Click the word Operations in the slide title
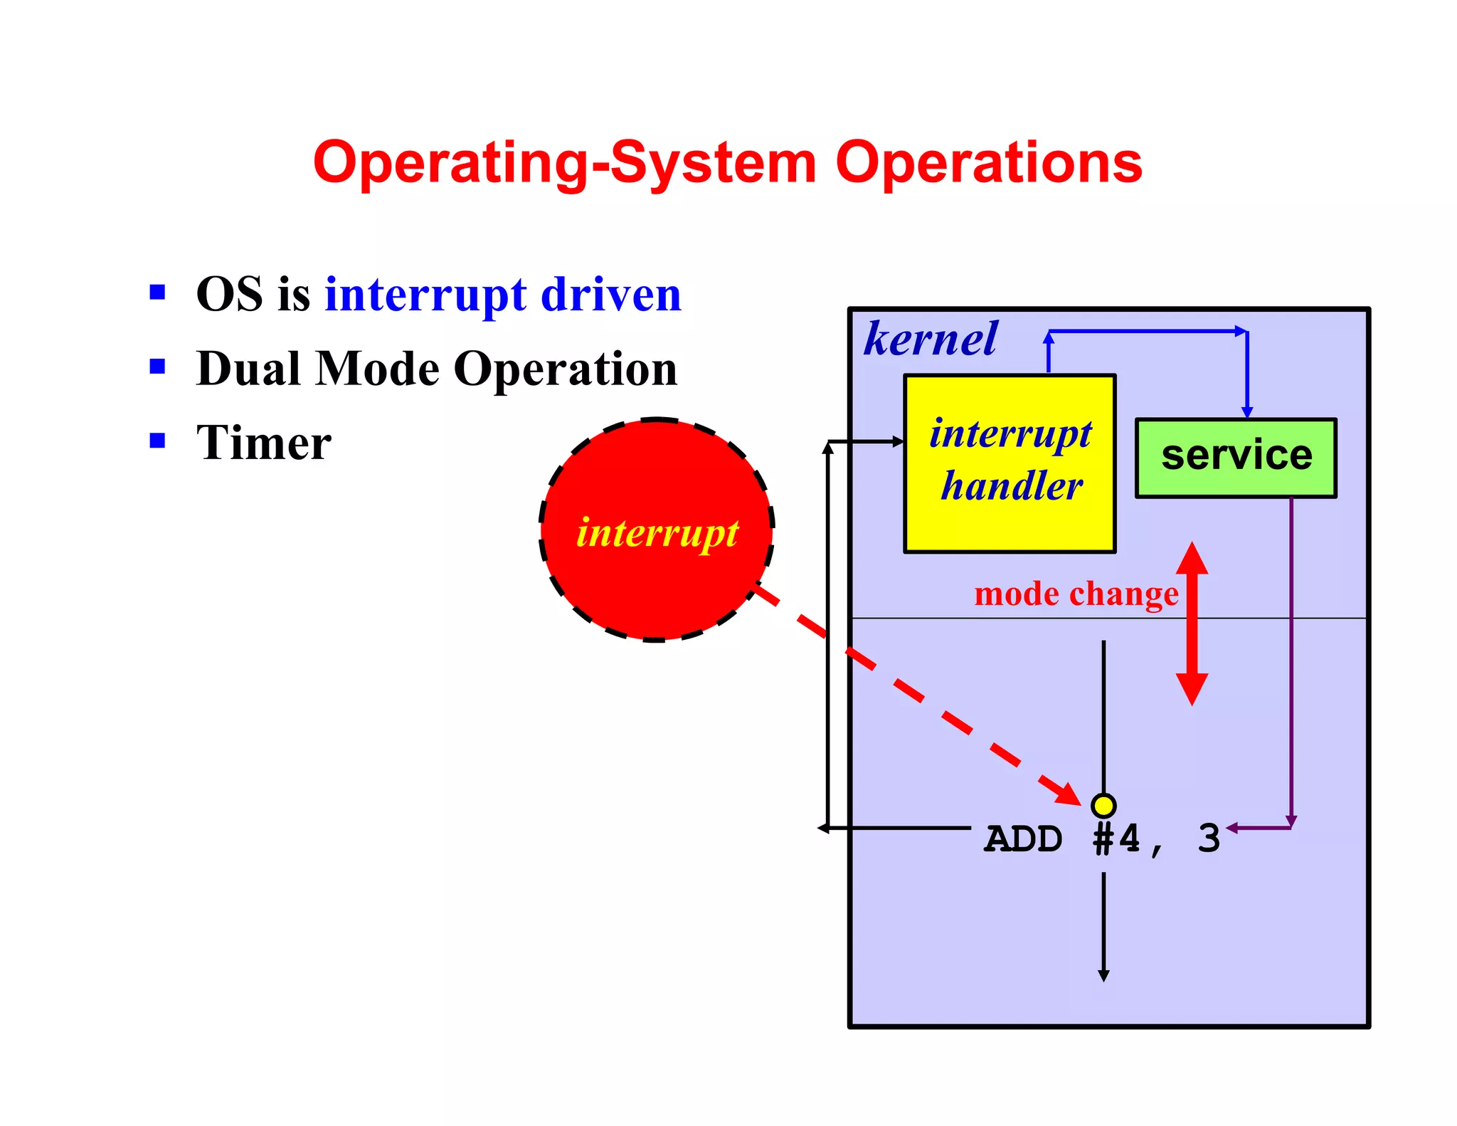[988, 164]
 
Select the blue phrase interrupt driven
[503, 295]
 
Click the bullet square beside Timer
[157, 441]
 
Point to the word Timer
[263, 443]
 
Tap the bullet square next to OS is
[157, 292]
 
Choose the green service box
[1236, 458]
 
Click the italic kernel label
[930, 339]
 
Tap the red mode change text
[1076, 594]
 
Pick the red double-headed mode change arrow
[1192, 623]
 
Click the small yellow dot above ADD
[1103, 806]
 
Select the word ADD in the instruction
[1023, 839]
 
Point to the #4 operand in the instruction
[1116, 839]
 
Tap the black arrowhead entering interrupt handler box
[899, 442]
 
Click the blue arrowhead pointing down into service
[1246, 412]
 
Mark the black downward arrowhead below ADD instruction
[1103, 976]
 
